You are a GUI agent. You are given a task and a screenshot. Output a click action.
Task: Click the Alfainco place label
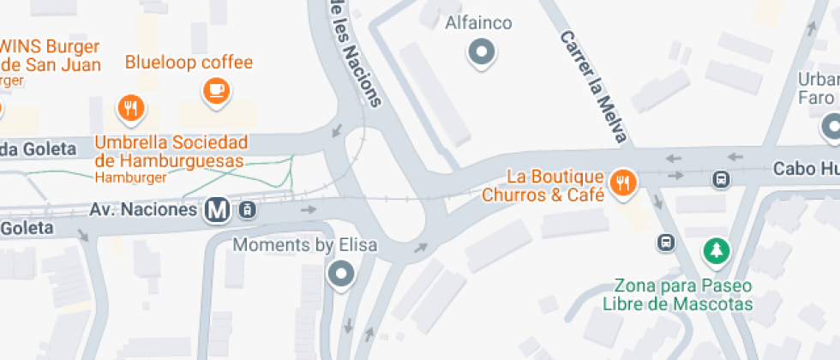(478, 23)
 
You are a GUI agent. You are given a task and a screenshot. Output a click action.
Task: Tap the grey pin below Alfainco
(482, 53)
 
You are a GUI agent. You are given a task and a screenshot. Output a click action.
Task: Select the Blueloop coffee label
(189, 63)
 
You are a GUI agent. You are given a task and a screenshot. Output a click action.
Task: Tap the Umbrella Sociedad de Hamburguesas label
(171, 151)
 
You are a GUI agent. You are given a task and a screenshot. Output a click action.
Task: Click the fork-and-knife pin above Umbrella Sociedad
(130, 108)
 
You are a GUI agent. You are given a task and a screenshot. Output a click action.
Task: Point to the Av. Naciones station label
(145, 209)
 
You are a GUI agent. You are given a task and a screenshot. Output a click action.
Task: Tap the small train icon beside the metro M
(247, 208)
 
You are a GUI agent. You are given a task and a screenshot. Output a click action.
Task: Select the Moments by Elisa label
(305, 245)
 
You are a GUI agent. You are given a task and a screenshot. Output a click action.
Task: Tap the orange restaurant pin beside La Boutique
(623, 182)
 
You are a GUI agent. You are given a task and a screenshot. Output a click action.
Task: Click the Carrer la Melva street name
(596, 87)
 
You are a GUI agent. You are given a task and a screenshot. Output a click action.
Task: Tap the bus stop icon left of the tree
(665, 243)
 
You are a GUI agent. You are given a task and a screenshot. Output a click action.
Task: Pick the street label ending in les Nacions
(353, 51)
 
